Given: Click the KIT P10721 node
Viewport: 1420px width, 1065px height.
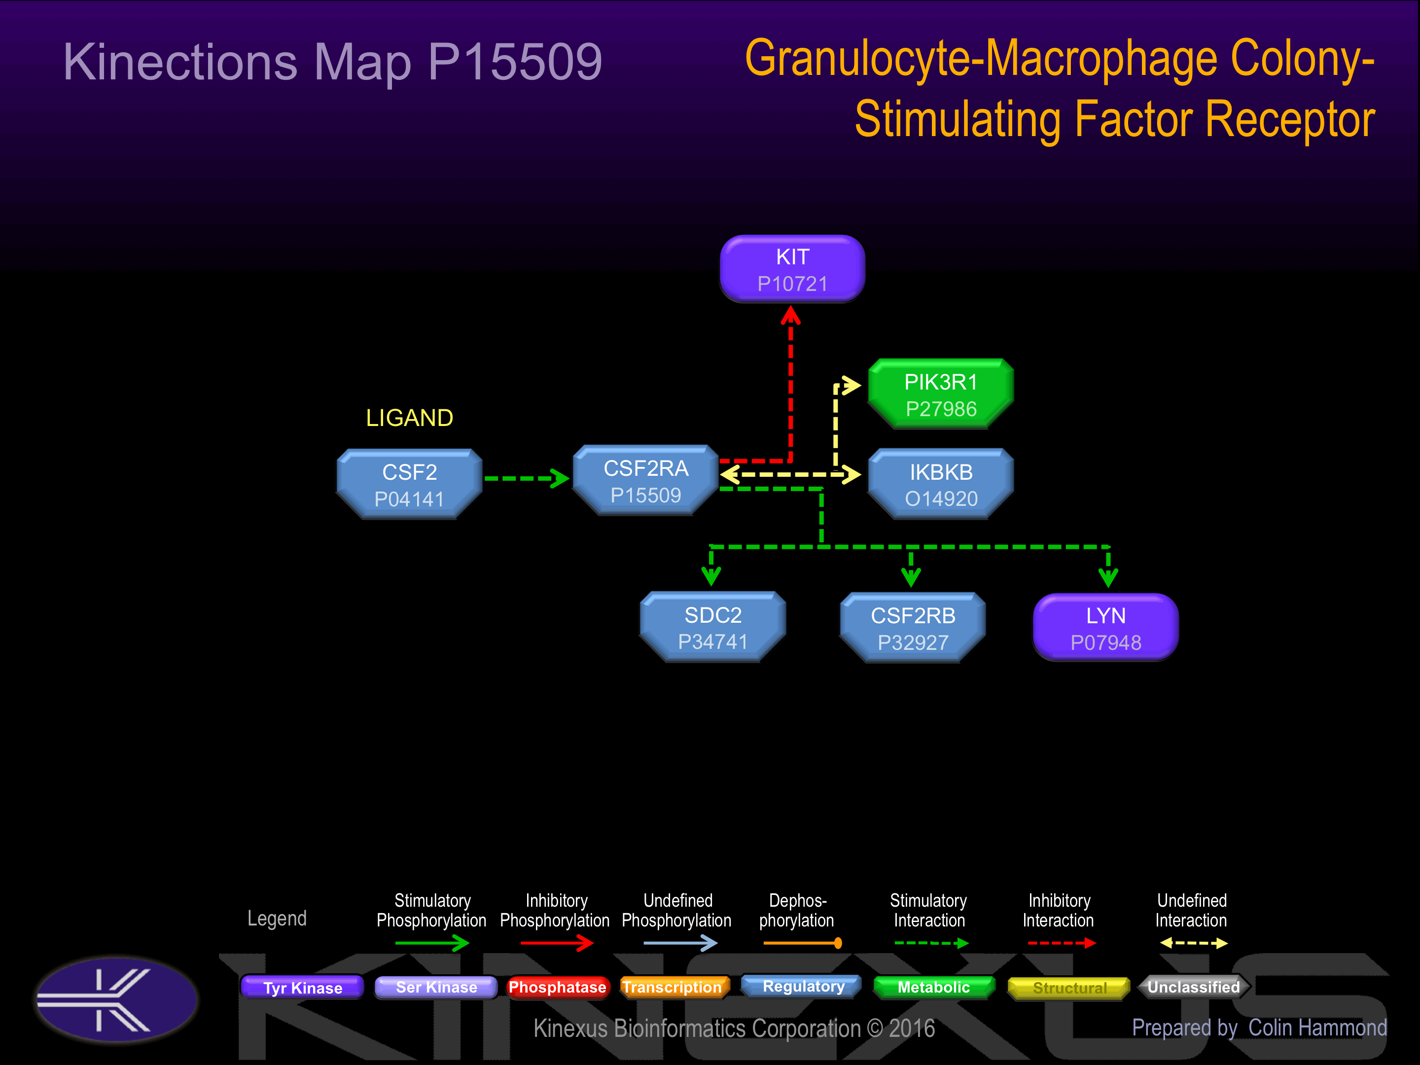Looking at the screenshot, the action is [x=792, y=268].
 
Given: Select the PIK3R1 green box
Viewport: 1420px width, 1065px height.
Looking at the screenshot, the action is [x=941, y=393].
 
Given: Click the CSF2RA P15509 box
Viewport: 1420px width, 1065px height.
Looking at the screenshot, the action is [x=646, y=480].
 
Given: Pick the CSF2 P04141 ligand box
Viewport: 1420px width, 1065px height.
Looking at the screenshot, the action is [x=410, y=484].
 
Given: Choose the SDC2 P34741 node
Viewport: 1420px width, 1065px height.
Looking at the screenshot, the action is [x=712, y=627].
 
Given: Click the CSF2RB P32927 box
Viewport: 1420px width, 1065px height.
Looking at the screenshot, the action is [x=913, y=627].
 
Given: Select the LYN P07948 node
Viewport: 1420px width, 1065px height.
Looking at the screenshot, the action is [x=1106, y=627].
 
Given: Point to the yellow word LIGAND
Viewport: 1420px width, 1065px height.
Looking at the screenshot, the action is [x=410, y=418].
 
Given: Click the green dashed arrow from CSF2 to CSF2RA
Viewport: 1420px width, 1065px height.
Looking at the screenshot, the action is [x=527, y=478].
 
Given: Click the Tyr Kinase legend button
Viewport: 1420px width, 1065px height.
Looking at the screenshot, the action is [x=302, y=987].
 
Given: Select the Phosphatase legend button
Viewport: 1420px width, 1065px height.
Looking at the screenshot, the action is [x=557, y=987].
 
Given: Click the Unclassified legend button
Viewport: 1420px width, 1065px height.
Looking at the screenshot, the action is [x=1194, y=987].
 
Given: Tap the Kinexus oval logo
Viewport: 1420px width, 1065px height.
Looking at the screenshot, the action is [x=117, y=999].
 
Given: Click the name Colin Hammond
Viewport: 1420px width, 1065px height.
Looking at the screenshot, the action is [x=1317, y=1028].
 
